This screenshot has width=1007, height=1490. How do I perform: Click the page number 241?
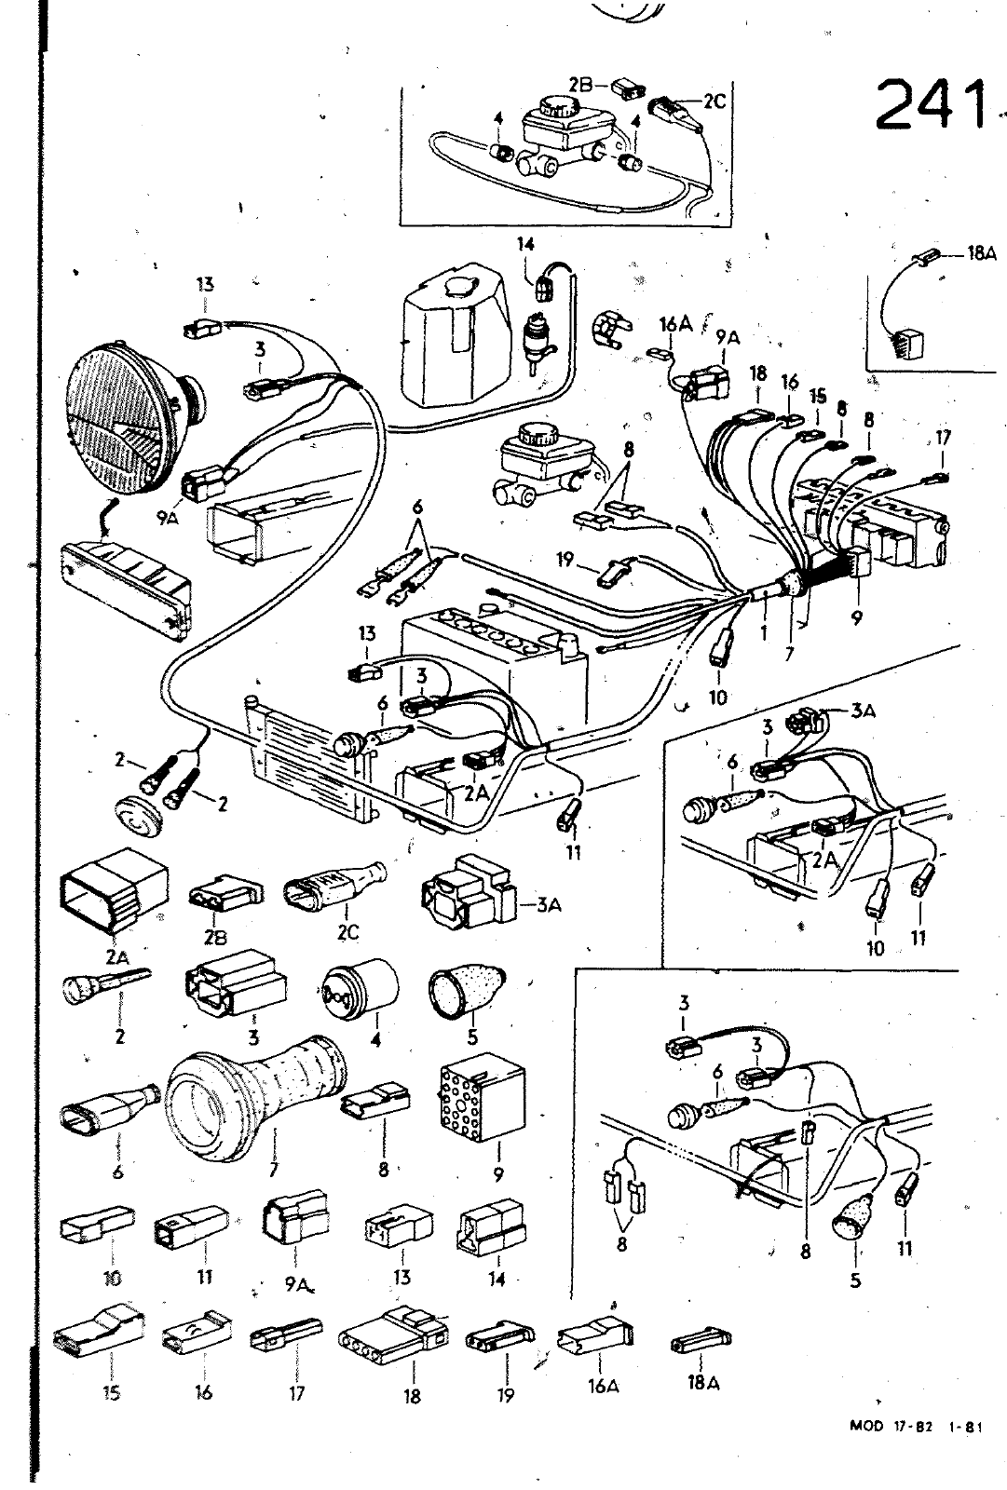click(x=930, y=104)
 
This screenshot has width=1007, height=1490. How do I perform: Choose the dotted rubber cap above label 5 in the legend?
click(x=466, y=994)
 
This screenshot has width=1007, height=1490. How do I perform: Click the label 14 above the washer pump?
click(x=526, y=245)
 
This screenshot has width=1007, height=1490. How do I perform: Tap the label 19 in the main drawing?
click(x=565, y=560)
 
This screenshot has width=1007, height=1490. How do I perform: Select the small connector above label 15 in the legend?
click(x=100, y=1334)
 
